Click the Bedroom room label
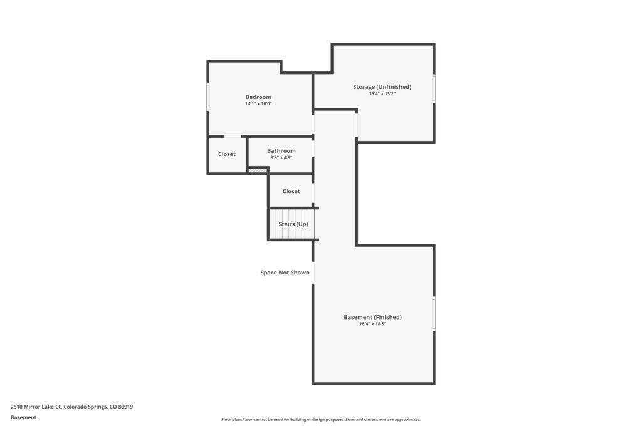pos(258,97)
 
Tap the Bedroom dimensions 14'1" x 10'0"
pos(258,104)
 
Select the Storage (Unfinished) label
pos(382,86)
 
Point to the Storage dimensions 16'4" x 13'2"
pos(382,94)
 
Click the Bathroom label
pos(282,150)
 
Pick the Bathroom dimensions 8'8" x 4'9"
pos(282,157)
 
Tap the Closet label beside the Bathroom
pos(227,154)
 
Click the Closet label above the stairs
pos(291,191)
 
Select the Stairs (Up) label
pos(293,224)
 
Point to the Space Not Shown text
pos(285,273)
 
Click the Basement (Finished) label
pos(372,317)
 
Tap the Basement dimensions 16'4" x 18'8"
pos(372,324)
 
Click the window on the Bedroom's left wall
pos(208,96)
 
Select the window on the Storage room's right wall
pos(434,88)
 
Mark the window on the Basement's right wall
pos(434,314)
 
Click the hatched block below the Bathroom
pos(258,170)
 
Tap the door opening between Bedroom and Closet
pos(233,136)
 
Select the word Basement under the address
pos(23,417)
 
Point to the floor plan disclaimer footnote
pos(321,419)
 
